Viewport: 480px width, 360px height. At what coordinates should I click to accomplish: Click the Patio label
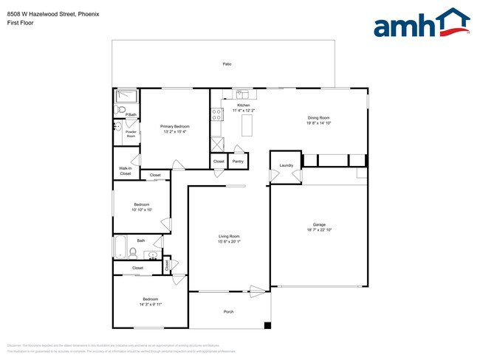point(227,64)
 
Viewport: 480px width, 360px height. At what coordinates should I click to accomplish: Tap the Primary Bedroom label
point(175,126)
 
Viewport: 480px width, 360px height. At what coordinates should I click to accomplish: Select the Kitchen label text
point(244,105)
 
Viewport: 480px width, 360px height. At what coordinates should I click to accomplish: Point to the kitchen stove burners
point(217,114)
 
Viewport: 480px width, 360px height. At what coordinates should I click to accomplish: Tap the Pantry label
point(238,161)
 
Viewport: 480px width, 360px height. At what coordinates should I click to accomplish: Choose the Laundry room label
point(286,165)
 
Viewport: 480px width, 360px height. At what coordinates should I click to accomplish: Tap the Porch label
point(228,311)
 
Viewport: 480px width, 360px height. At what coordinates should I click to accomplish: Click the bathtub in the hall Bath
point(120,246)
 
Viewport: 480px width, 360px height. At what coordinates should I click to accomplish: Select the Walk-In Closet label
point(126,170)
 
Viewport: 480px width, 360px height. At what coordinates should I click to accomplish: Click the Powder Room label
point(131,134)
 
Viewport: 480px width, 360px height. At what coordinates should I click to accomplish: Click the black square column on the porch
point(267,325)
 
